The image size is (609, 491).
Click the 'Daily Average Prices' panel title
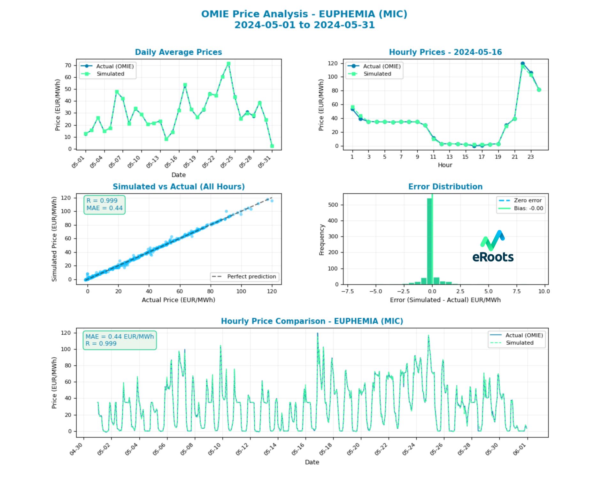[178, 52]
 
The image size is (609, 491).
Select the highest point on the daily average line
[228, 64]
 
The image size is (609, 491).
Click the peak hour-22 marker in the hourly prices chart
[522, 64]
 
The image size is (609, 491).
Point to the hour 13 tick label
[449, 157]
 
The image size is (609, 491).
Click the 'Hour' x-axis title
[445, 165]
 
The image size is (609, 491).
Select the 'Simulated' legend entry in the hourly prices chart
[377, 74]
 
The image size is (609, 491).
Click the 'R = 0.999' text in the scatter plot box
[102, 201]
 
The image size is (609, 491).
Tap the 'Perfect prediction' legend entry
[251, 277]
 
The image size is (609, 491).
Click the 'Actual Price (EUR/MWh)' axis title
[178, 300]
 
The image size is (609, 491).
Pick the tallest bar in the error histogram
[429, 241]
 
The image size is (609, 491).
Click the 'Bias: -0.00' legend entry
[528, 208]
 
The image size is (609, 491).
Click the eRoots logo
[493, 246]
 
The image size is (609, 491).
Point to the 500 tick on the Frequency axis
[334, 205]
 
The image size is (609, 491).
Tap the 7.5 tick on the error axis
[516, 291]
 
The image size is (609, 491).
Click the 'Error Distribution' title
[445, 187]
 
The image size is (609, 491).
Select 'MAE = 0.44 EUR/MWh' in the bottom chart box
[119, 337]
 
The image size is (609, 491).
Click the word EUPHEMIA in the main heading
[347, 14]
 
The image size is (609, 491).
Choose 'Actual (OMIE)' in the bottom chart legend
[524, 335]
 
